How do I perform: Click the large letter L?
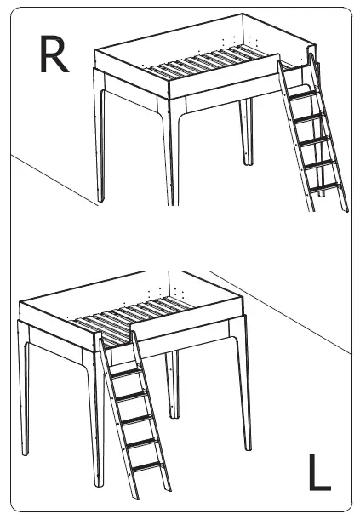coord(317,473)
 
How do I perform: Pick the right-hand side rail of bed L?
coord(187,325)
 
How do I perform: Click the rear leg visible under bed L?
coord(174,383)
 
